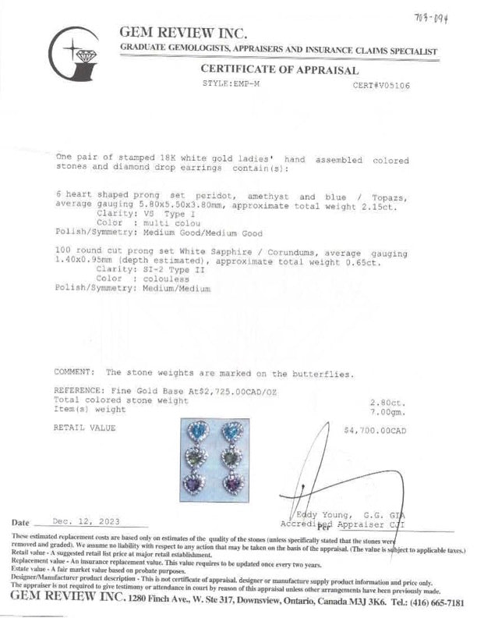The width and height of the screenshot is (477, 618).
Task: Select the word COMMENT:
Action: [x=75, y=373]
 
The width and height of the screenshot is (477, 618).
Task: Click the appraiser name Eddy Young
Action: [x=323, y=516]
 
